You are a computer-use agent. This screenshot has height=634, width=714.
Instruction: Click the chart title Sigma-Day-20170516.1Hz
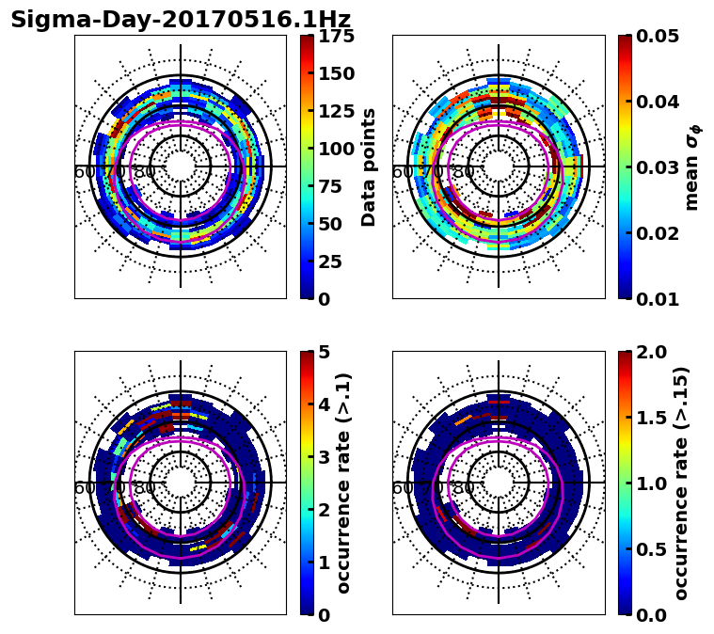coord(181,20)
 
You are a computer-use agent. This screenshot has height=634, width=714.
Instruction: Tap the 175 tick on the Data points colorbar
coord(337,36)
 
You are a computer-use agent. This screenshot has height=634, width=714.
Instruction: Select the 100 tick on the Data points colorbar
coord(337,149)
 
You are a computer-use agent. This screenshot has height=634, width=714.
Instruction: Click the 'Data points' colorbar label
coord(369,166)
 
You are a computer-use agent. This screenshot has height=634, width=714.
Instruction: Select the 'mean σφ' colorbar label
coord(692,167)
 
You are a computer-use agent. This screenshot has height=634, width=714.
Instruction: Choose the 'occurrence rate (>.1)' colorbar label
coord(344,483)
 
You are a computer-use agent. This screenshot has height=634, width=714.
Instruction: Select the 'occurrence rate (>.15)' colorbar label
coord(681,483)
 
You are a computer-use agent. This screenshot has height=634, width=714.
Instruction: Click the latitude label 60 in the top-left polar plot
coord(84,172)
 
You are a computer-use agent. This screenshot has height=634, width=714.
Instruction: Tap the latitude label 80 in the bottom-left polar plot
coord(144,488)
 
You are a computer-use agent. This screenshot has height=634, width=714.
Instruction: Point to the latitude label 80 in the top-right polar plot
coord(462,172)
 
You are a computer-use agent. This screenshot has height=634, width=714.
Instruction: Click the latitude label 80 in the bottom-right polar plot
coord(462,488)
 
